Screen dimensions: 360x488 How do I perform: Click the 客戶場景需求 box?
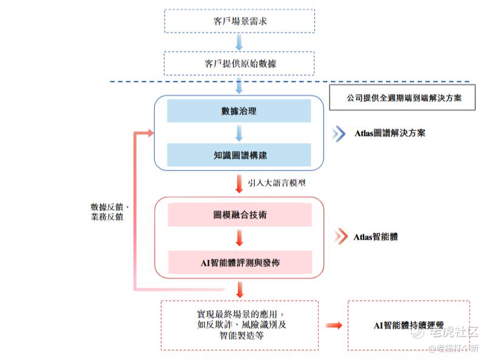239,21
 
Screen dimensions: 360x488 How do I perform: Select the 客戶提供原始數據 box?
239,63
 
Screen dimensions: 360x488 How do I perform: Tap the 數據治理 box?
239,111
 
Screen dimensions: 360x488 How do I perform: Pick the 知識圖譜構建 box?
239,155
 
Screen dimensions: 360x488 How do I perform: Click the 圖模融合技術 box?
239,214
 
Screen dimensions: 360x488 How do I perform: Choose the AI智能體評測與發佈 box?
239,262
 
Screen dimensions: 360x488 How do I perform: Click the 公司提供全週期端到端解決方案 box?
402,97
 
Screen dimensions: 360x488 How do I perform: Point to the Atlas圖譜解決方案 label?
390,133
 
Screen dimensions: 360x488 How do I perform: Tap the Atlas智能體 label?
376,236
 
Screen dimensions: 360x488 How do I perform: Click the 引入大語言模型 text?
276,182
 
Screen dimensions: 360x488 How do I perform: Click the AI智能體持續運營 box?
408,325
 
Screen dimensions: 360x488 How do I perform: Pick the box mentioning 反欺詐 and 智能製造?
239,325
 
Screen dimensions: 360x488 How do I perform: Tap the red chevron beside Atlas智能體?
339,236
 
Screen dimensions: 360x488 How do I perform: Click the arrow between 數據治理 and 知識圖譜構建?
239,133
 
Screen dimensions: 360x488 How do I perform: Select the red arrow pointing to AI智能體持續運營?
333,325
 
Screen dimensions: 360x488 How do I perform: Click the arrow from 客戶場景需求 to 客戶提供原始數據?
239,42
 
